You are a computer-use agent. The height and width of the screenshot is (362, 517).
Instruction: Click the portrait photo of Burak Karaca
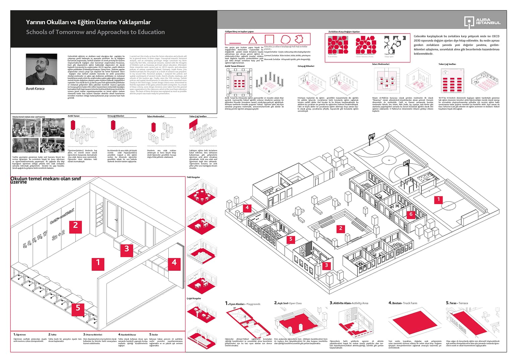pos(41,69)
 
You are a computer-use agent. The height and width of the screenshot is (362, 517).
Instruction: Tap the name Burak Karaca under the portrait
pos(35,89)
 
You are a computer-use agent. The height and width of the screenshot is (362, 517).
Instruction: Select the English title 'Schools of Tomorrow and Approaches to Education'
pos(96,32)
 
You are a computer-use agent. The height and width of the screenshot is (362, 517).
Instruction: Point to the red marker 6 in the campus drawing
pos(411,214)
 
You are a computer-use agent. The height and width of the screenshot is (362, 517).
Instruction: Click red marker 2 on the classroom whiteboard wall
pos(75,225)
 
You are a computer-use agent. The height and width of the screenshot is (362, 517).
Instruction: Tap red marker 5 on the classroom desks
pos(78,308)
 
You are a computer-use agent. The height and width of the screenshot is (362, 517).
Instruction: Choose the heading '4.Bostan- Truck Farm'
pos(403,303)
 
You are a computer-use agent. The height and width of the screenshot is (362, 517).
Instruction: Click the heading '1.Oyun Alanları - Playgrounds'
pos(243,304)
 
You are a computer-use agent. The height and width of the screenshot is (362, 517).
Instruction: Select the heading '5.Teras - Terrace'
pos(457,303)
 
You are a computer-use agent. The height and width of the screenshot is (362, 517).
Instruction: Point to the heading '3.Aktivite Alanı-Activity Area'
pos(349,303)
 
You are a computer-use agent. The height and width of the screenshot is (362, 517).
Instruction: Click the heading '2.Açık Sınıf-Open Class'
pos(288,303)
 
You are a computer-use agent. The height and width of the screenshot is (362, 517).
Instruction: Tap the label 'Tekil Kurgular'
pos(193,177)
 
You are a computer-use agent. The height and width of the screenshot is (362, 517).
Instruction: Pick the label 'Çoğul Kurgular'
pos(194,298)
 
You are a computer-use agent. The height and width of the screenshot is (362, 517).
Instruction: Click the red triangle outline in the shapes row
pos(252,39)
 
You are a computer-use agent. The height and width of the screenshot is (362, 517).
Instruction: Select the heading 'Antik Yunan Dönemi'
pos(235,66)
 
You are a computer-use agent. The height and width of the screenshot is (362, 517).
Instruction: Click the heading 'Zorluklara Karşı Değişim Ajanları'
pos(344,32)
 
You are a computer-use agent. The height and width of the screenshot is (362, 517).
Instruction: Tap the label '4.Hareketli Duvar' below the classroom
pos(127,334)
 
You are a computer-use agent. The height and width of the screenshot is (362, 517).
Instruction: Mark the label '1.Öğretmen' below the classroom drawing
pos(20,334)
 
